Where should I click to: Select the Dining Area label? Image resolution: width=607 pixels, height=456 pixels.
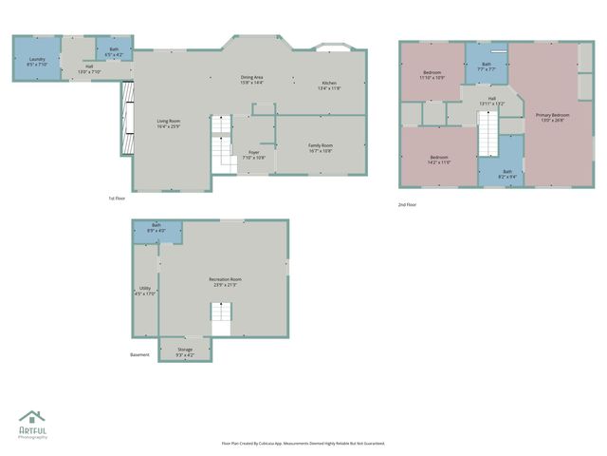point(251,80)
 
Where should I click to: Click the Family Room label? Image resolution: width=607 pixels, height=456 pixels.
point(320,147)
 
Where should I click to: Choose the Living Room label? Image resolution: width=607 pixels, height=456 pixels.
point(169,123)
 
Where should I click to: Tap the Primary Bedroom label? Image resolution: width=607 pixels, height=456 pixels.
point(552,116)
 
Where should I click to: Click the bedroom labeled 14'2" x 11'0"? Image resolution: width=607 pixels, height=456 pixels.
point(439,159)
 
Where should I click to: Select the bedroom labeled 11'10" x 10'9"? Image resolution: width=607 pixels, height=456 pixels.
point(432,74)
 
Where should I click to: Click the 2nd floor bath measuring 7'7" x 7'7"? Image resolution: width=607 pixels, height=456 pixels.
point(486,66)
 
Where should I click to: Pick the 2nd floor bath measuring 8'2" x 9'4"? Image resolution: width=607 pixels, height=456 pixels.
point(508,173)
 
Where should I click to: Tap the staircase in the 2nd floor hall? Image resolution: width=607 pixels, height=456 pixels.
point(487,132)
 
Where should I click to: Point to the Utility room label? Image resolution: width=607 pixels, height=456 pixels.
point(145,290)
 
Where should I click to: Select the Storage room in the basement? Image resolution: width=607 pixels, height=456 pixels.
point(185,351)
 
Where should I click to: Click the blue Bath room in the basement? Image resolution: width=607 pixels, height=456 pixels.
point(156,228)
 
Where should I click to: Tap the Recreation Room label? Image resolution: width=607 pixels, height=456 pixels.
point(225,280)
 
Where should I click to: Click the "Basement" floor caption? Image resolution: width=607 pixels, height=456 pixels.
point(139,355)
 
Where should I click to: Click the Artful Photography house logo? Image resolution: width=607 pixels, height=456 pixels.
point(32,417)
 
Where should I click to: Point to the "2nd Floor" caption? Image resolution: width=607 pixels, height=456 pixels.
point(407,204)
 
